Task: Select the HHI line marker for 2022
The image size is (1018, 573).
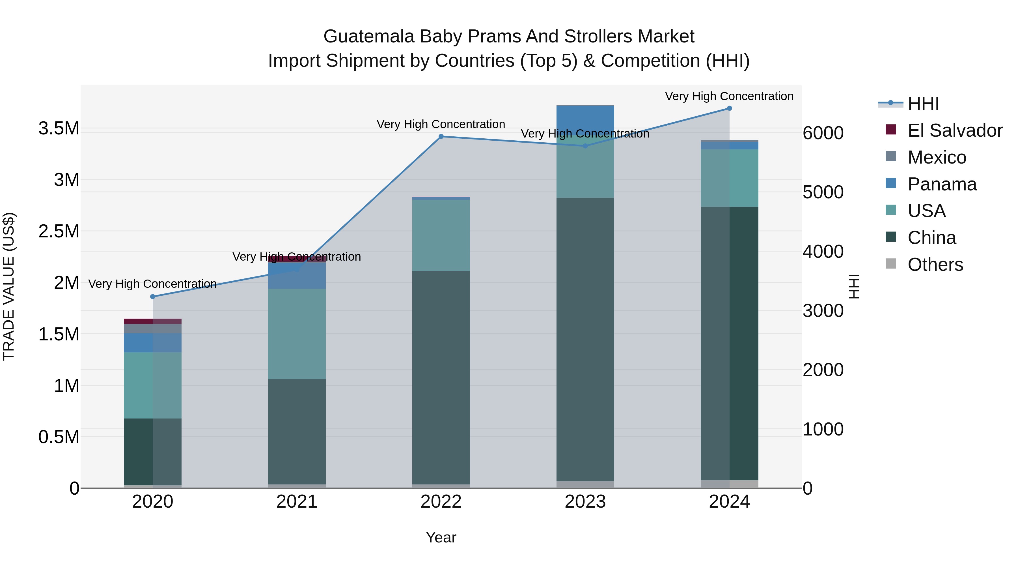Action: pyautogui.click(x=441, y=136)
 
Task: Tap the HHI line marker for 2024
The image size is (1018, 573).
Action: pyautogui.click(x=730, y=108)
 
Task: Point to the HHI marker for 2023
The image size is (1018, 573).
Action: pyautogui.click(x=585, y=146)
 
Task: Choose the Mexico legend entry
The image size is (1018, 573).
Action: pyautogui.click(x=937, y=157)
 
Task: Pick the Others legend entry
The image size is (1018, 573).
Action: pyautogui.click(x=935, y=265)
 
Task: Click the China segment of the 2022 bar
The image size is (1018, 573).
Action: pyautogui.click(x=441, y=378)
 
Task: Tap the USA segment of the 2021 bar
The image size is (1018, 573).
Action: pyautogui.click(x=297, y=334)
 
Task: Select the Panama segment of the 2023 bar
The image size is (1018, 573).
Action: pyautogui.click(x=585, y=119)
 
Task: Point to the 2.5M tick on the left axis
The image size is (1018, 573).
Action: pyautogui.click(x=59, y=231)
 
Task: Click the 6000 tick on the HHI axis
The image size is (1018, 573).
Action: pyautogui.click(x=823, y=133)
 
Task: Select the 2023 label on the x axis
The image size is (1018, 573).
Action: pyautogui.click(x=585, y=502)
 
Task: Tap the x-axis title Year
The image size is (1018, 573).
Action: pyautogui.click(x=441, y=537)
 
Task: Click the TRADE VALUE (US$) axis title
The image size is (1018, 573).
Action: pyautogui.click(x=9, y=286)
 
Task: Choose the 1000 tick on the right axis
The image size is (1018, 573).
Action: pyautogui.click(x=823, y=429)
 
